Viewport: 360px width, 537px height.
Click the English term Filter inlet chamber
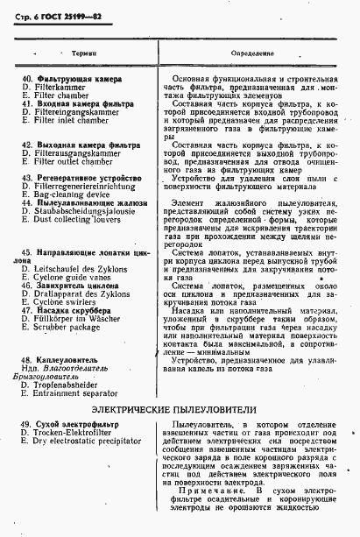tap(68, 119)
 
